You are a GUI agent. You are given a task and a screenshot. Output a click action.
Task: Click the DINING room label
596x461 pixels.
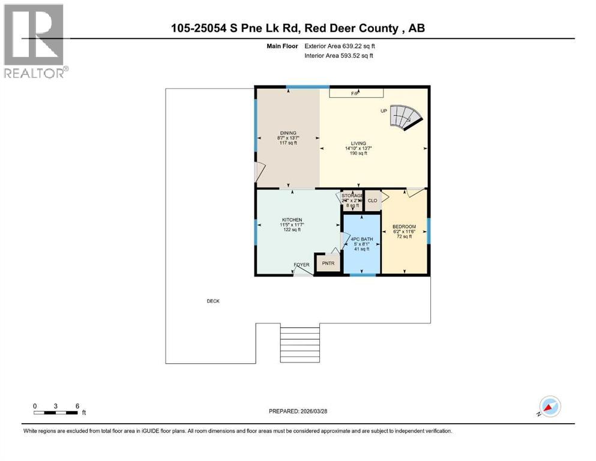(x=288, y=133)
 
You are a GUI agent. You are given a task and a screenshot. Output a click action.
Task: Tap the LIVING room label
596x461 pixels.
(x=358, y=143)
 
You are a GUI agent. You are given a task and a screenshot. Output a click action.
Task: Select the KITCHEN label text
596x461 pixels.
(x=292, y=220)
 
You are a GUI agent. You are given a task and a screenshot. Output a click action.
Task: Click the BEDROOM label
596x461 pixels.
(x=404, y=227)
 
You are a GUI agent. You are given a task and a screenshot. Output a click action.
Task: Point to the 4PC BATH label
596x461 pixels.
(x=362, y=240)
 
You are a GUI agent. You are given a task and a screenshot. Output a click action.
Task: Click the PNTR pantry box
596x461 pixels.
(x=328, y=263)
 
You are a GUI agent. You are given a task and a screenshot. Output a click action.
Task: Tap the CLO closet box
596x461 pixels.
(x=372, y=200)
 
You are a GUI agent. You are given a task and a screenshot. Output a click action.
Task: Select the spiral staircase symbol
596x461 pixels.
(x=406, y=116)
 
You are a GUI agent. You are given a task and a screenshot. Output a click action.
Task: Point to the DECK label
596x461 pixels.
(x=213, y=301)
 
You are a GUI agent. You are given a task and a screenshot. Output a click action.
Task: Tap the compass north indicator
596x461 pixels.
(x=549, y=406)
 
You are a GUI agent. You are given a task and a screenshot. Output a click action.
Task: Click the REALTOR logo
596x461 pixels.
(x=35, y=41)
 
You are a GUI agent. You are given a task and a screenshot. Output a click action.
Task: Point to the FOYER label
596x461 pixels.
(x=301, y=265)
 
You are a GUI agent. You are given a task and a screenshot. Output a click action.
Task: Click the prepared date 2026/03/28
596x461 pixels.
(x=298, y=411)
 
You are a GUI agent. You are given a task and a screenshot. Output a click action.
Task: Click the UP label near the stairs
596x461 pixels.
(x=384, y=111)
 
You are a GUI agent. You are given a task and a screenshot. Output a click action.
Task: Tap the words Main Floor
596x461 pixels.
(x=282, y=46)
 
